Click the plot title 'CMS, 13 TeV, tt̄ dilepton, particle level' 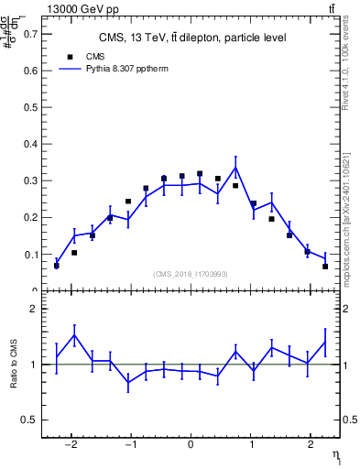[x=192, y=38]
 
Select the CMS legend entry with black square [x=82, y=55]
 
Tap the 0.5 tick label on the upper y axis [x=32, y=107]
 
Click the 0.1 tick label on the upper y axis [x=32, y=255]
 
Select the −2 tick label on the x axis [x=72, y=451]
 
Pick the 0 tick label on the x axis [x=191, y=451]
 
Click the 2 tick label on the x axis [x=310, y=451]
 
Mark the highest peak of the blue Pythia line [x=235, y=168]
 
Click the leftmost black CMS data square [x=57, y=266]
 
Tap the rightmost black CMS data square [x=325, y=267]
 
